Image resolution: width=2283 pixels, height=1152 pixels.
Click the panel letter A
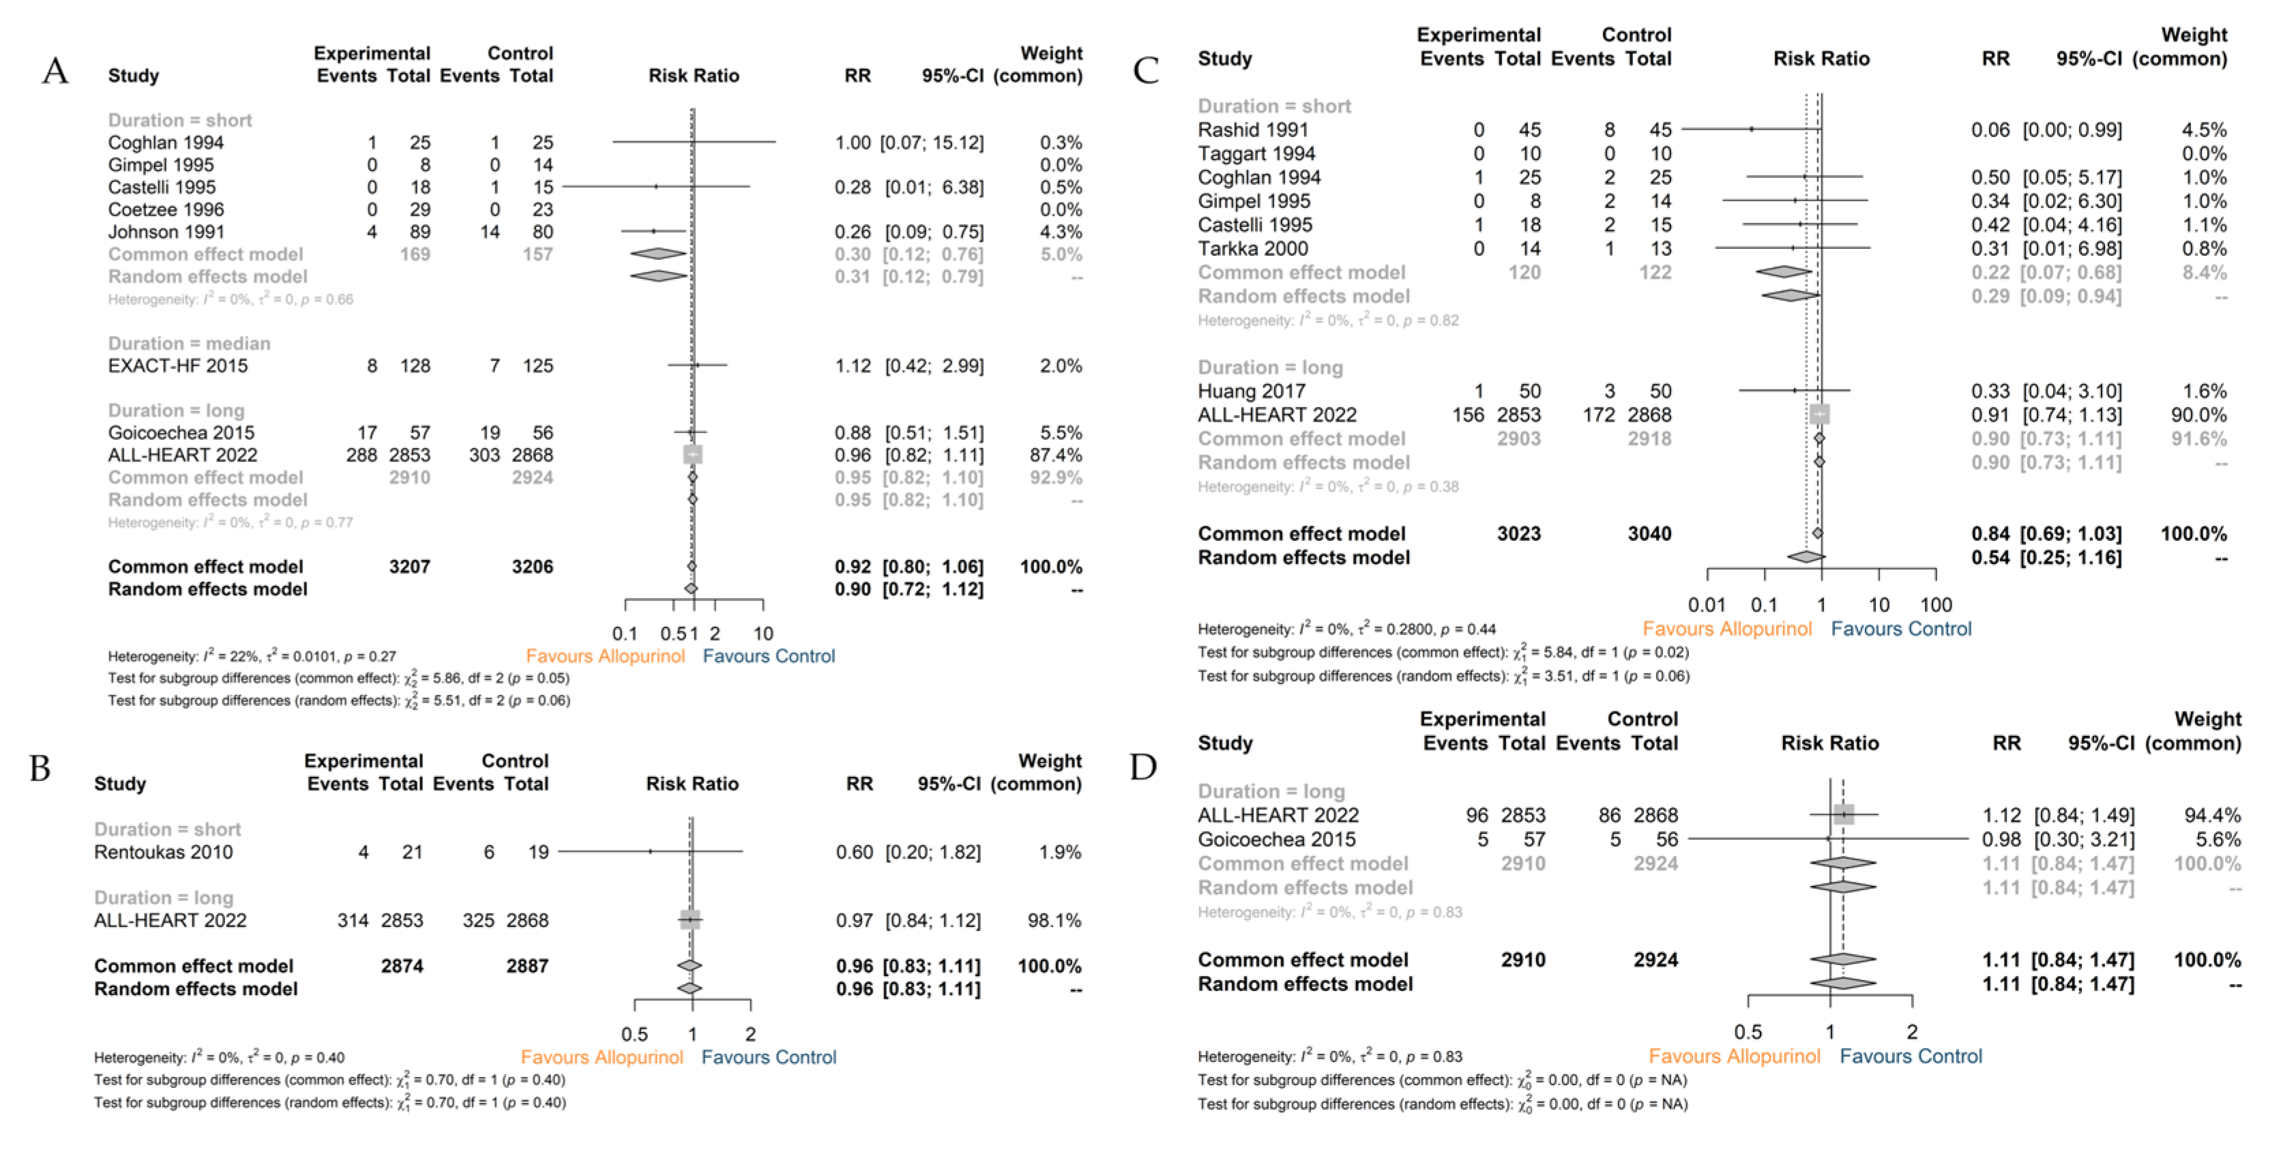point(55,70)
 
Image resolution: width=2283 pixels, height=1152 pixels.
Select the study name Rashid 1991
point(1252,130)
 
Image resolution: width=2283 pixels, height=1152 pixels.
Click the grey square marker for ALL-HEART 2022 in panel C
point(1818,414)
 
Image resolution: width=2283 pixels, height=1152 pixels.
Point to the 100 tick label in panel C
point(1936,605)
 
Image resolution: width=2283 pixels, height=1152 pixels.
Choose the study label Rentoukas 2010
point(163,853)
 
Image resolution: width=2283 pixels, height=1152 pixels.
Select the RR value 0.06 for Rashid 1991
point(1990,130)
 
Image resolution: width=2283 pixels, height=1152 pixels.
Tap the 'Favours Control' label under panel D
point(1910,1057)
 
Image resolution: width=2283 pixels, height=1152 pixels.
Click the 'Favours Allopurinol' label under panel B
point(602,1057)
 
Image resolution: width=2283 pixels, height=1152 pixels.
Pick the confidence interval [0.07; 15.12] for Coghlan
point(932,143)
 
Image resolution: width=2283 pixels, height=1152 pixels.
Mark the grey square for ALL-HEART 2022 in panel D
point(1844,814)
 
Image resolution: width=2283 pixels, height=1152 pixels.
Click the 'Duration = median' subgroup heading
point(189,344)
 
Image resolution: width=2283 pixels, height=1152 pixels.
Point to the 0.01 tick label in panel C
point(1707,605)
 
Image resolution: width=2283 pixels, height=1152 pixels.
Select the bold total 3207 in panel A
point(409,567)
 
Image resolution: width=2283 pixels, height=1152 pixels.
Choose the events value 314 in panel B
point(353,921)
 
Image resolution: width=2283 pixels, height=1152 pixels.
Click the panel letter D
point(1143,767)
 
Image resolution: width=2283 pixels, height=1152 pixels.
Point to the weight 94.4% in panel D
point(2207,815)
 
